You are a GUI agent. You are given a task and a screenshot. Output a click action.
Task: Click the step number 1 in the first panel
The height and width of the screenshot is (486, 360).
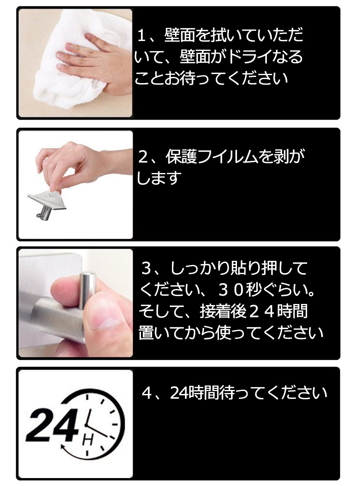tap(142, 35)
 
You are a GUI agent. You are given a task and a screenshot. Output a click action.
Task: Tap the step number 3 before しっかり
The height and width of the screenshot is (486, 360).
tap(146, 268)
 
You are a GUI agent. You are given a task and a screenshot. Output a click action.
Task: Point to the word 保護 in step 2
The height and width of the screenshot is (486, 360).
tap(181, 156)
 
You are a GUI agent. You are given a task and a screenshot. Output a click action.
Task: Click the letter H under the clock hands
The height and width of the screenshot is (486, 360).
tap(88, 440)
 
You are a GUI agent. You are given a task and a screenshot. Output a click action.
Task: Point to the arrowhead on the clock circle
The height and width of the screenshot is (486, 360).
tap(63, 447)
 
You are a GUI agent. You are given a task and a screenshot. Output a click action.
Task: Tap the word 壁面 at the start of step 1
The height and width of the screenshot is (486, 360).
tap(180, 35)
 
